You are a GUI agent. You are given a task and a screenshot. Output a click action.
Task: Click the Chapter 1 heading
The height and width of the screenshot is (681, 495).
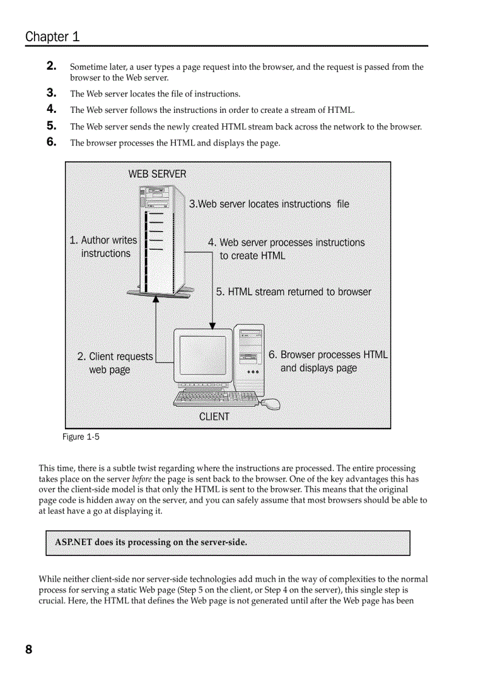[x=52, y=36]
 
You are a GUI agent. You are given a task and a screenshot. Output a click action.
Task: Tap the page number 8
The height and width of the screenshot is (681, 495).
[x=29, y=650]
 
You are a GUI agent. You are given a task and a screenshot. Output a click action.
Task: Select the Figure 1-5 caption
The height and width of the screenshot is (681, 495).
[x=81, y=437]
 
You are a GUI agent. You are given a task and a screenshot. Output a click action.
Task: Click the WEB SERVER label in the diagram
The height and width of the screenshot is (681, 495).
[x=157, y=174]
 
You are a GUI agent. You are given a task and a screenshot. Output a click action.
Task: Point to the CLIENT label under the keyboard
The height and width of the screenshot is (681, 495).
[x=214, y=417]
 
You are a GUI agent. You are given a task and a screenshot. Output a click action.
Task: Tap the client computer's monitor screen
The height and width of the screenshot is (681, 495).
[x=203, y=355]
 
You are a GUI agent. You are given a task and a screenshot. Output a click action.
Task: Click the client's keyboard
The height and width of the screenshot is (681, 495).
[x=215, y=398]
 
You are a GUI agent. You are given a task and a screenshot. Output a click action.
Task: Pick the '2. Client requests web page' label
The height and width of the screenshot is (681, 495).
[x=114, y=363]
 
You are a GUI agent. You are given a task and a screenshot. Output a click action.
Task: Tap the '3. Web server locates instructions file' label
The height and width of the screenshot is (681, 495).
[x=269, y=204]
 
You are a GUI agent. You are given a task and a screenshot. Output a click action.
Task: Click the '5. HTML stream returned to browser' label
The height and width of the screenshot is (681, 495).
[x=294, y=292]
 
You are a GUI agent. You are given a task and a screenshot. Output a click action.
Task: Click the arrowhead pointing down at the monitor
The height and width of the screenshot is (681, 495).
[x=212, y=325]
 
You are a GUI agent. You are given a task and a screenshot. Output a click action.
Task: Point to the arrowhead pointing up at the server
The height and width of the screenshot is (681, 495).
[x=156, y=299]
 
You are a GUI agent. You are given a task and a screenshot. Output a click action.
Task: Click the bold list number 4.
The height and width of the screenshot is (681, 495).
[x=52, y=109]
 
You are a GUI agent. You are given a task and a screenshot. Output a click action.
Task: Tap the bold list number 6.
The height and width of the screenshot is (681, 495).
[x=52, y=142]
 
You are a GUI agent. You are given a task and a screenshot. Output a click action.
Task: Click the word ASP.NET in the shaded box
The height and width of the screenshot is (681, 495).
[x=73, y=542]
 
